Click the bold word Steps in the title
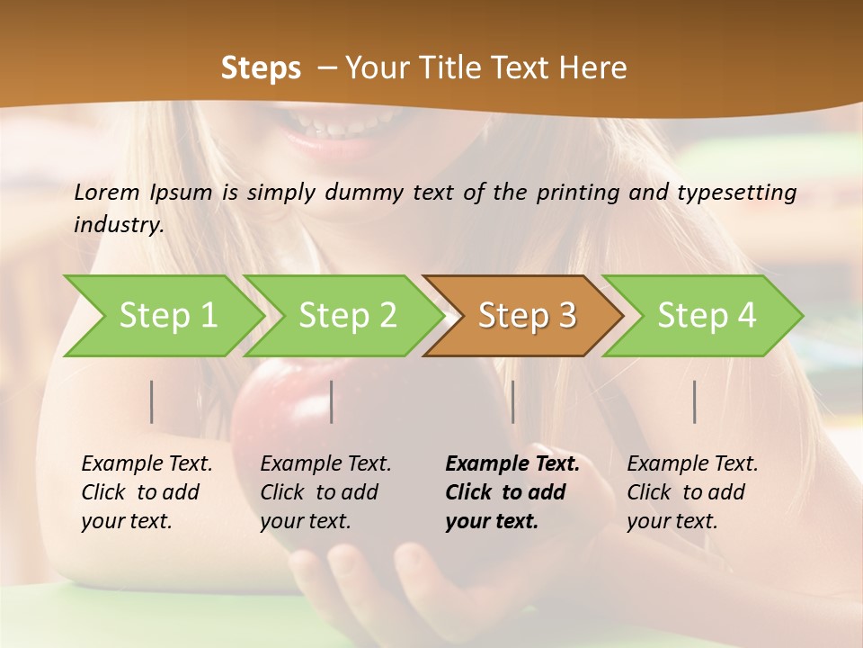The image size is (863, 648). click(261, 68)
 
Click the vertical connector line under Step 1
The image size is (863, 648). click(152, 401)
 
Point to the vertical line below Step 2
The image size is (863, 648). click(332, 401)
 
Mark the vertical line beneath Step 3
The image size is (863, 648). click(512, 401)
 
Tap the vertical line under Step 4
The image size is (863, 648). click(694, 401)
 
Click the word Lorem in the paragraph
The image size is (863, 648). click(107, 192)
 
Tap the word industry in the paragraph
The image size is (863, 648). click(118, 224)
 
